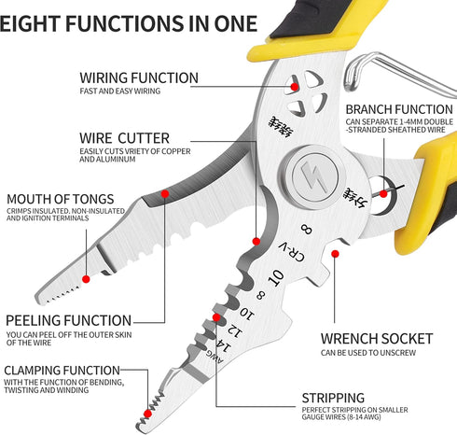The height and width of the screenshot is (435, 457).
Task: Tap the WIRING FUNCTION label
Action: [x=139, y=77]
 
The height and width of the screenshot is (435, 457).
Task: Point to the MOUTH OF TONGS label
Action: [x=61, y=198]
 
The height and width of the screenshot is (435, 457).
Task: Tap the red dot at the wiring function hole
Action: [x=295, y=86]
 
